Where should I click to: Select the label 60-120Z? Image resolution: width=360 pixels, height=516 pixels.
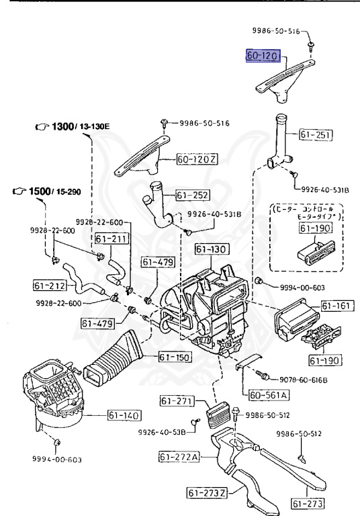[x=197, y=161]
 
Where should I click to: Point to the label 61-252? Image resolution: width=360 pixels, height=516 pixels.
[x=192, y=196]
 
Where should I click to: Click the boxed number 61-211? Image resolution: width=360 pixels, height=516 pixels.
[x=109, y=239]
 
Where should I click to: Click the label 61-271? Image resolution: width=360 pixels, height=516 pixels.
[x=177, y=401]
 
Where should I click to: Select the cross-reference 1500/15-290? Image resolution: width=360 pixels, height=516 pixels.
[x=46, y=192]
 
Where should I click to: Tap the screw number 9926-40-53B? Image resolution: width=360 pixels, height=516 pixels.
[x=162, y=431]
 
